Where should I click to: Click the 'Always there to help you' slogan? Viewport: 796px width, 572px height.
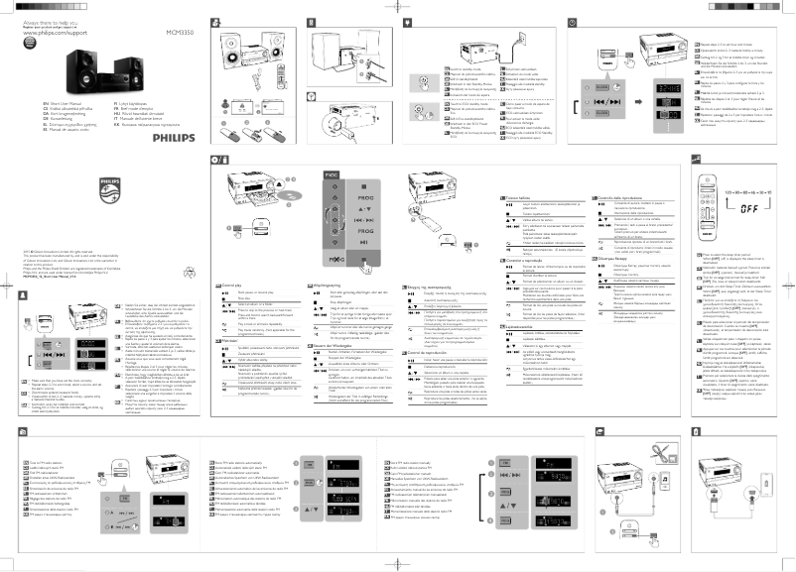[x=37, y=21]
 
